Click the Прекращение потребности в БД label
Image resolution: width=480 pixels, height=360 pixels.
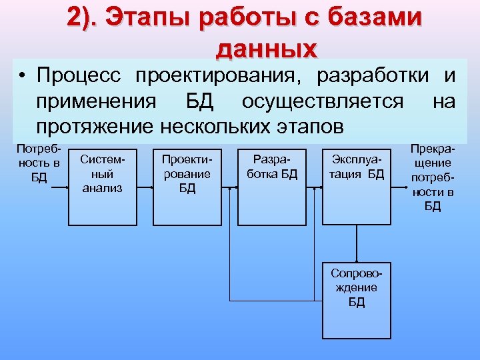[432, 177]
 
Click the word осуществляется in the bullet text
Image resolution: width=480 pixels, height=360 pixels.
[323, 102]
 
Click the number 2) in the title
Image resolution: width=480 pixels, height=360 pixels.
[84, 18]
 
